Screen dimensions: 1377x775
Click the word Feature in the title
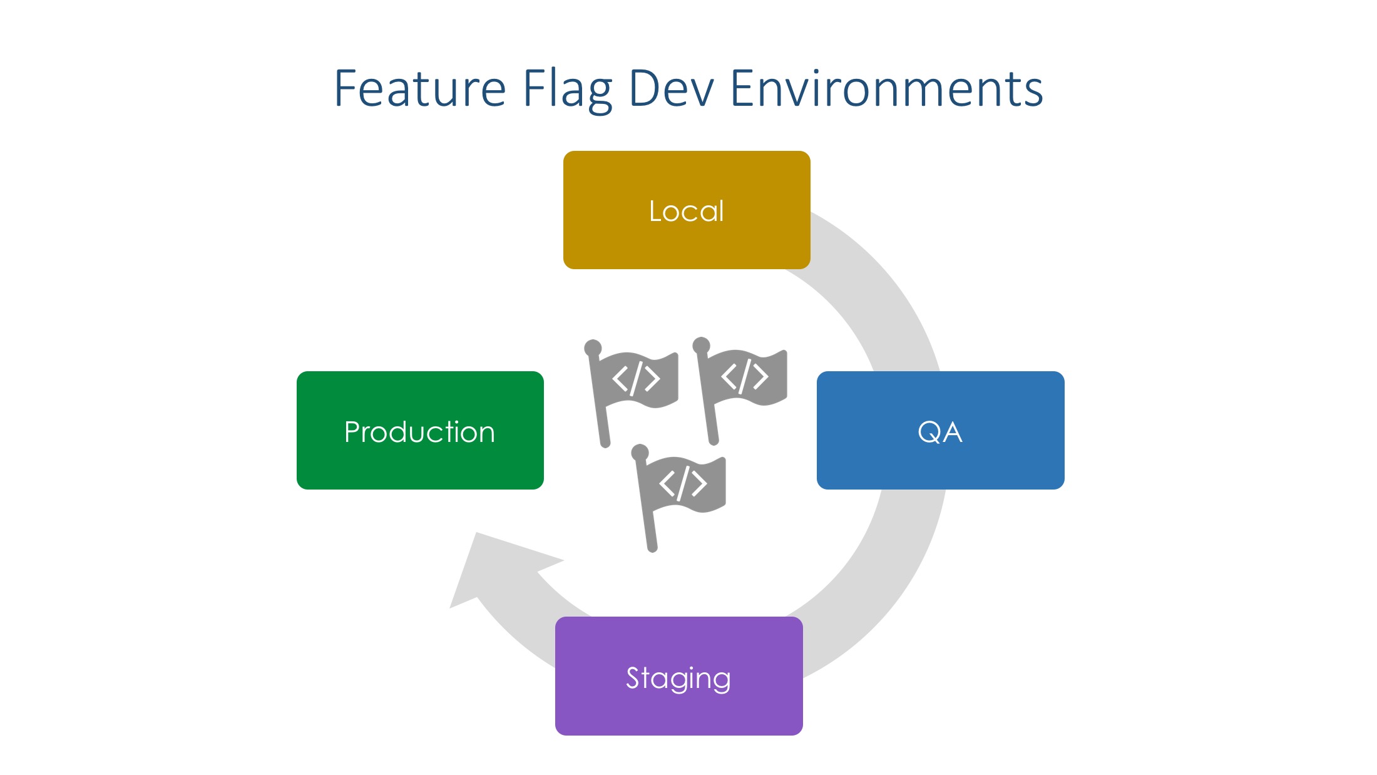coord(420,88)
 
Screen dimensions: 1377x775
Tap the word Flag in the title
coord(567,91)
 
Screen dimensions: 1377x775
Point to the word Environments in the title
coord(886,88)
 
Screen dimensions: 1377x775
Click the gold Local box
coord(687,210)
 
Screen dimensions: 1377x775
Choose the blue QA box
coord(940,430)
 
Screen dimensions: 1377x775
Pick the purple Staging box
coord(678,675)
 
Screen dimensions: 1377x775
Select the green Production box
coord(420,430)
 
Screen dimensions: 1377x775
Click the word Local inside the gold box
coord(687,211)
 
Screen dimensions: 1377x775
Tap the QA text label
coord(940,432)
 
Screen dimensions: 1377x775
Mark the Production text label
coord(420,432)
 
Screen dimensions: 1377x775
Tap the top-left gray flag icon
coord(631,393)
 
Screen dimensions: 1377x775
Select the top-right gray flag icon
coord(740,391)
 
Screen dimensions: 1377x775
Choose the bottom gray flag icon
coord(678,498)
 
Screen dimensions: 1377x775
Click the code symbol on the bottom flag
coord(683,483)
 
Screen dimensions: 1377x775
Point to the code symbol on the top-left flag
coord(636,378)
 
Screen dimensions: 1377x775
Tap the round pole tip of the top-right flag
coord(701,346)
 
